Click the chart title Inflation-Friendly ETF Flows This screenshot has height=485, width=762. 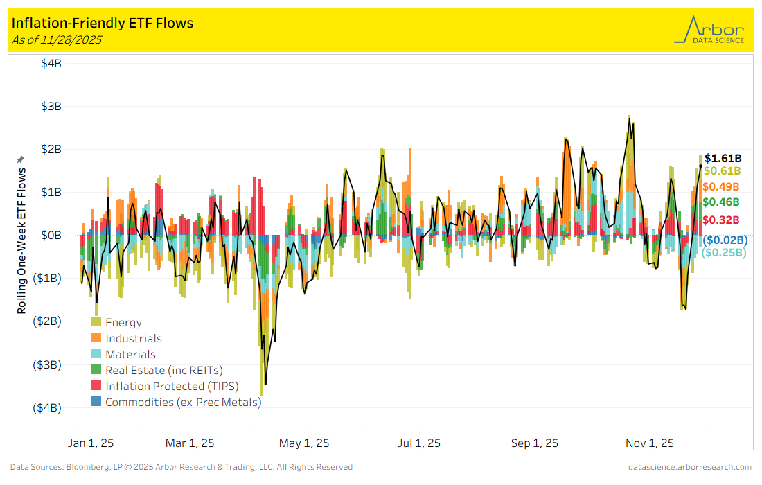(103, 23)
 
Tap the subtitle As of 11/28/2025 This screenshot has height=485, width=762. (57, 39)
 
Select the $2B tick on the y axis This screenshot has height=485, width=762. (50, 150)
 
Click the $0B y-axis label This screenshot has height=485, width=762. (50, 236)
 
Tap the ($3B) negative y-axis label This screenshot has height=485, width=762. (47, 364)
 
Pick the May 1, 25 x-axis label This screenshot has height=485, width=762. (304, 443)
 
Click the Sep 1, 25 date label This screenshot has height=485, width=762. (534, 443)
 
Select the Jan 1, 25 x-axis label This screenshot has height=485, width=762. (91, 443)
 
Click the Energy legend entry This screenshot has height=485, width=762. (123, 322)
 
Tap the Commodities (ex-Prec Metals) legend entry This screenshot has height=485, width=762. (183, 402)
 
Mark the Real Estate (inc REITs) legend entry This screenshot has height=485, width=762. (164, 370)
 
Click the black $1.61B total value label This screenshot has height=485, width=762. (723, 158)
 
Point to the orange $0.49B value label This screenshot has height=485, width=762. (720, 186)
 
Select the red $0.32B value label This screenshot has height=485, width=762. (720, 220)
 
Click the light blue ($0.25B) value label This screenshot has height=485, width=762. (724, 253)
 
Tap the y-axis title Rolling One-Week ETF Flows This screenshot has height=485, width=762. (21, 239)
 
